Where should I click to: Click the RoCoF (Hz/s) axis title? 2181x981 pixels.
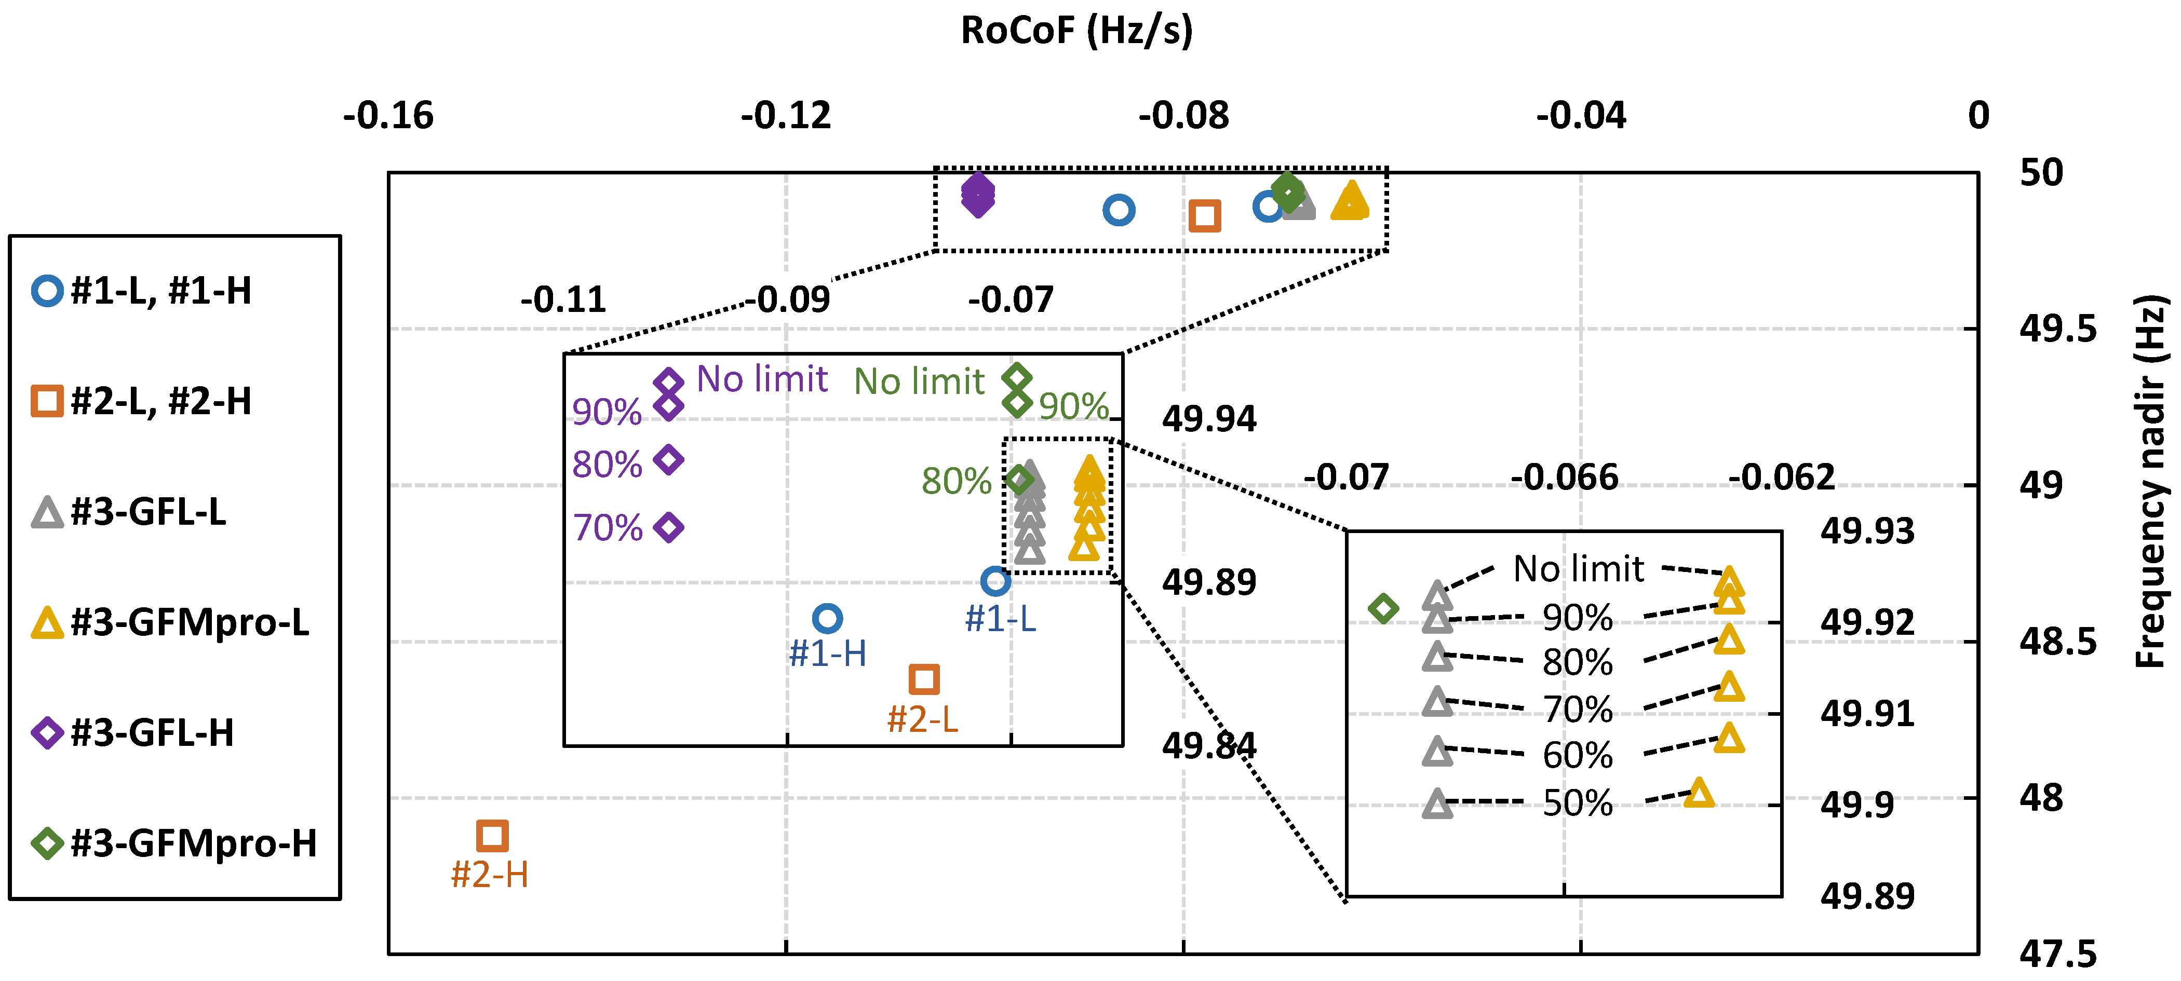1076,31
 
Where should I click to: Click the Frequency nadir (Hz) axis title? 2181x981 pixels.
2150,481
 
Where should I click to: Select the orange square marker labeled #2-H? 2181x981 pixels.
492,836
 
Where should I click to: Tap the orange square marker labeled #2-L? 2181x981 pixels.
924,679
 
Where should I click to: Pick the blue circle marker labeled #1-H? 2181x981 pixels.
827,619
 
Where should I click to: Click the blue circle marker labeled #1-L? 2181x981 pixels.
995,581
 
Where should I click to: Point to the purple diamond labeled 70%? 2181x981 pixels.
669,527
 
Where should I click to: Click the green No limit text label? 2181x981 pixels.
919,382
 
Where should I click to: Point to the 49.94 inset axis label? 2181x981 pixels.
1209,419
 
